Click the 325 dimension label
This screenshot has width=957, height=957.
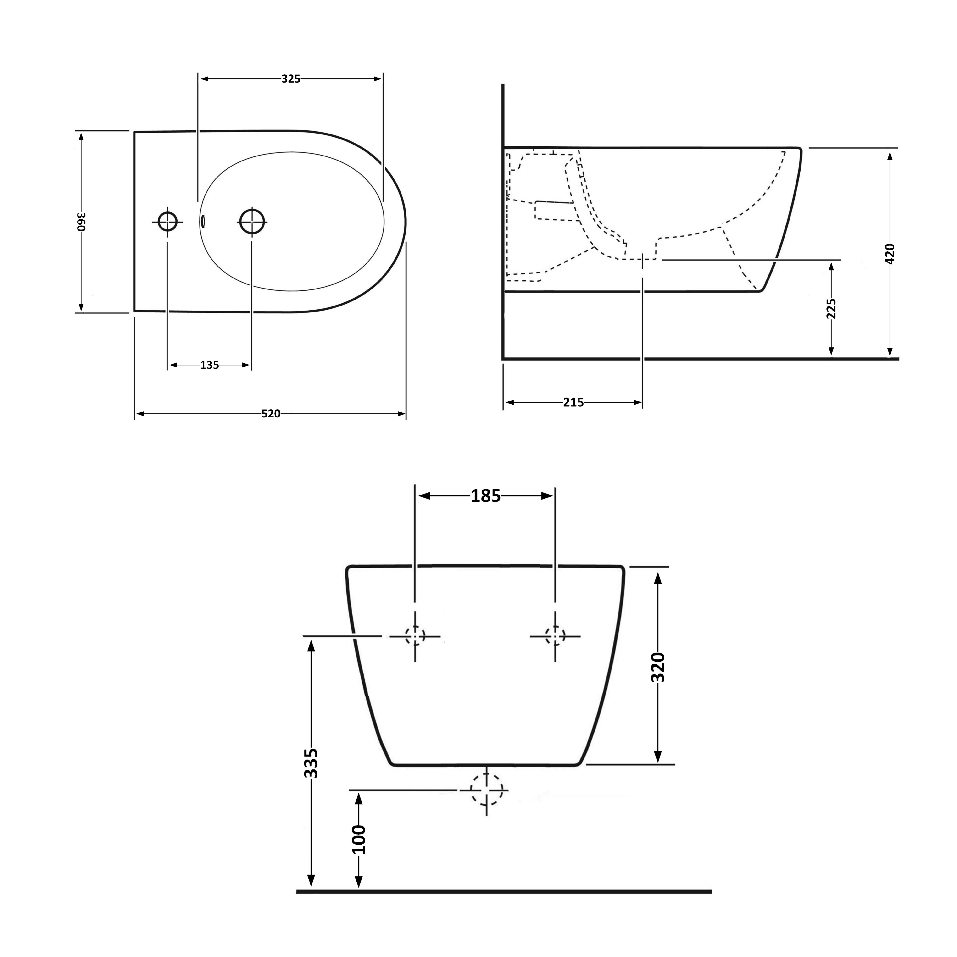[x=291, y=79]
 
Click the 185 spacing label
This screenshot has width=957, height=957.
[x=485, y=496]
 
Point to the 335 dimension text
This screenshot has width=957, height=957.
[x=311, y=763]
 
